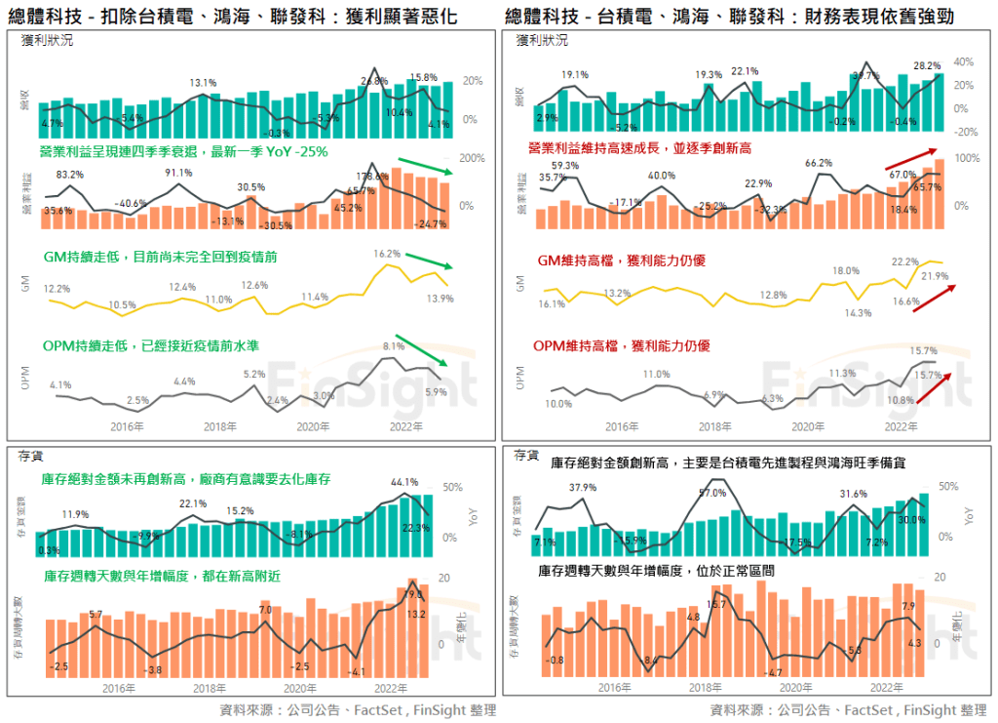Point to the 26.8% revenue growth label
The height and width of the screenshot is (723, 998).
374,81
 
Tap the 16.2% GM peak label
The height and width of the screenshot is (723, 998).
387,254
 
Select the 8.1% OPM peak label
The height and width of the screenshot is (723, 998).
393,346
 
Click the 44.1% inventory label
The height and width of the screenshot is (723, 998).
404,482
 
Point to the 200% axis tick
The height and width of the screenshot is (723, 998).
472,157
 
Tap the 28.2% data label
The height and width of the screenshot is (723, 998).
926,66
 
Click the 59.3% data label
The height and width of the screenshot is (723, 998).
564,166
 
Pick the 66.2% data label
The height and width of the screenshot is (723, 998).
820,163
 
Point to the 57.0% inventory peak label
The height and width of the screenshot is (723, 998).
713,494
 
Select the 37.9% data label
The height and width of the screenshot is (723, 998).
583,488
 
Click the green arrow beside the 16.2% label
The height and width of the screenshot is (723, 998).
428,261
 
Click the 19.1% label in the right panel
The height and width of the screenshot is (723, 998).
575,74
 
